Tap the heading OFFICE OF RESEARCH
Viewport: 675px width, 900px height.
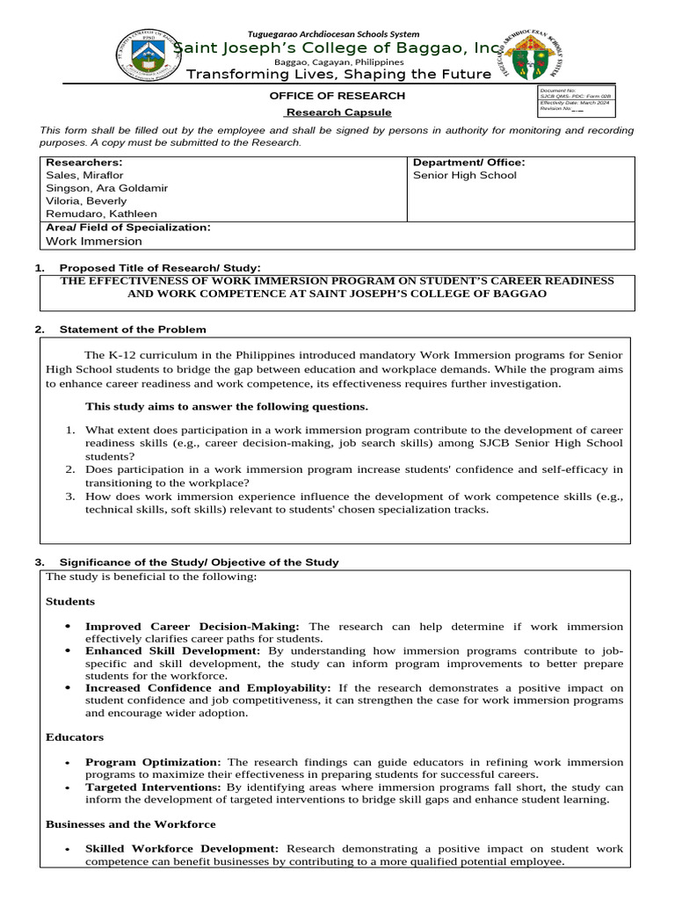pos(337,96)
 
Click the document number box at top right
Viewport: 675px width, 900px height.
pos(576,102)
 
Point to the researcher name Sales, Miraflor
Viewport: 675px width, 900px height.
pos(84,175)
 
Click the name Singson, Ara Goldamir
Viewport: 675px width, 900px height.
pos(106,188)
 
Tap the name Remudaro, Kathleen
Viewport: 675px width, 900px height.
pos(101,214)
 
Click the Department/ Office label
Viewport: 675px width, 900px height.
pos(468,163)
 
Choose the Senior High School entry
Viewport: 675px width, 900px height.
pos(465,175)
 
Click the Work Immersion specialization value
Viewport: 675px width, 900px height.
pos(93,241)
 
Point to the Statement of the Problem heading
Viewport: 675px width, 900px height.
pos(133,330)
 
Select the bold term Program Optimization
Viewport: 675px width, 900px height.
pos(153,762)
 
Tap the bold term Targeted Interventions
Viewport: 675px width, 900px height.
pos(153,787)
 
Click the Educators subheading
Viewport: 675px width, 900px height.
pos(75,737)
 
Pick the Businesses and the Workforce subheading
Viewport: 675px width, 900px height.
pos(130,824)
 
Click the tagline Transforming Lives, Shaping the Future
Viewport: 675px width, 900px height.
pos(331,75)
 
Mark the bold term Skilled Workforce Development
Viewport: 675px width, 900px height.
pos(181,849)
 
